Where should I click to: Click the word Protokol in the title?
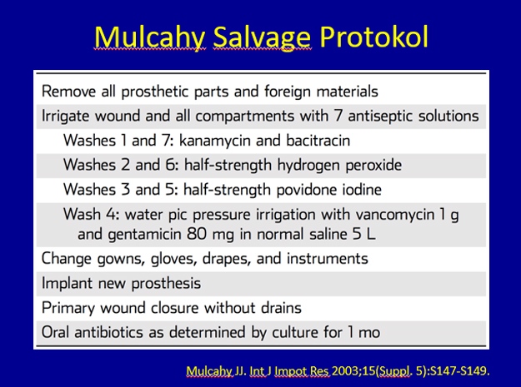click(374, 37)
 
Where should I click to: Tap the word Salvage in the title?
click(262, 38)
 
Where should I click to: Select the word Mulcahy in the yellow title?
click(150, 38)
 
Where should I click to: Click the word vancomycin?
click(395, 215)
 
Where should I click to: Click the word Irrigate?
click(65, 117)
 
